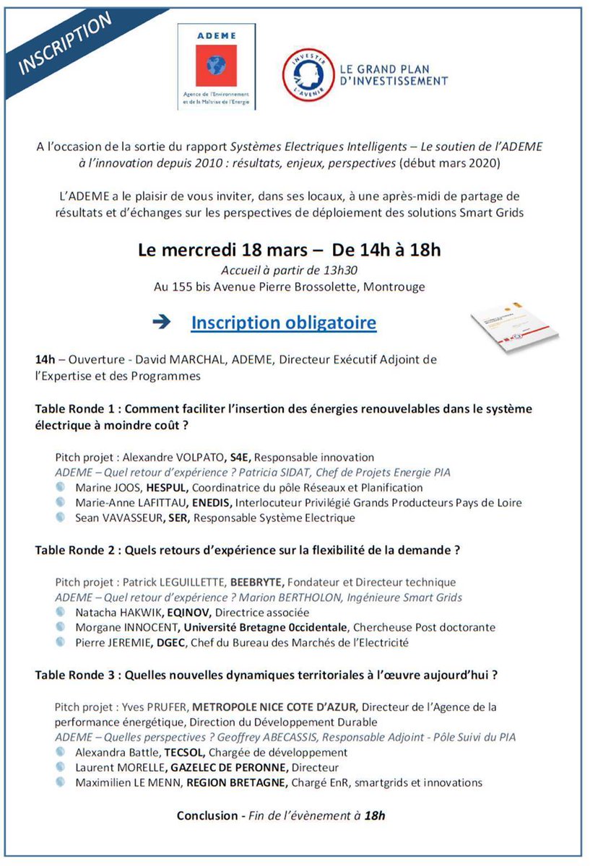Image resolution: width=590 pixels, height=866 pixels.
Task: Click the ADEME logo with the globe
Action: coord(216,66)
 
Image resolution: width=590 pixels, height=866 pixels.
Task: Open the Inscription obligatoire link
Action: coord(283,322)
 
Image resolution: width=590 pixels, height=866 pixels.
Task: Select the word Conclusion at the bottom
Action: coord(207,815)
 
